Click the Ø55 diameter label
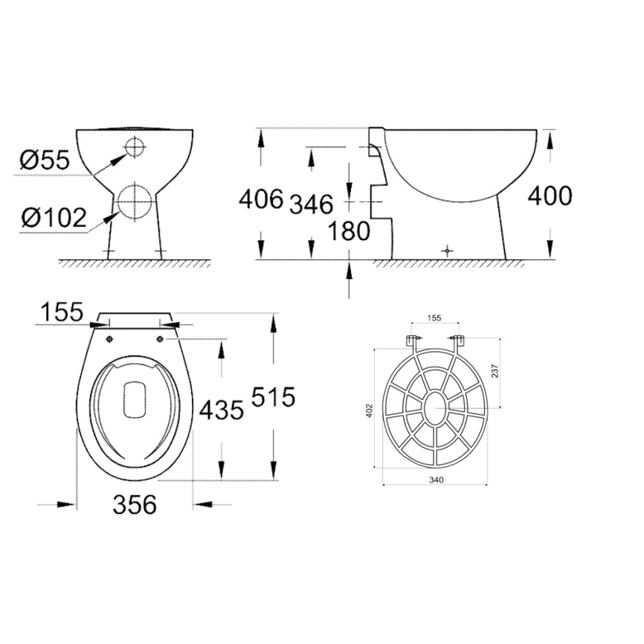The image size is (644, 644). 45,159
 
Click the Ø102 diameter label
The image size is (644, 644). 53,218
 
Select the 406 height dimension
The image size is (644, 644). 260,199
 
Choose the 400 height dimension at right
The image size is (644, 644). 550,196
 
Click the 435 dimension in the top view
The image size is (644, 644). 221,408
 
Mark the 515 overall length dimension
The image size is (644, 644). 273,397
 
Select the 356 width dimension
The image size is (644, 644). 135,505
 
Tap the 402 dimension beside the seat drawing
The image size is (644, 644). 370,410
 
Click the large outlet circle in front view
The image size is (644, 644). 134,201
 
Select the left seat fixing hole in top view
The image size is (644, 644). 110,339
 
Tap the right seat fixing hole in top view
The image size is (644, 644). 161,339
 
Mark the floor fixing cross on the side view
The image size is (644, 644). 445,251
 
